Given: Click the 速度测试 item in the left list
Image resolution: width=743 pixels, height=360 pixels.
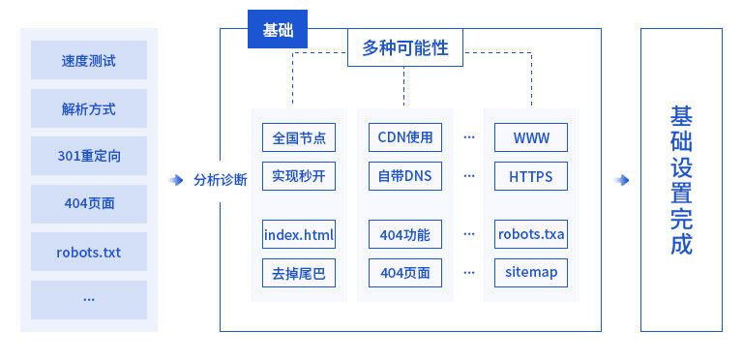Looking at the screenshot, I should click(89, 60).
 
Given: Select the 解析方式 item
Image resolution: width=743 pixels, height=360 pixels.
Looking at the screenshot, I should click(89, 108).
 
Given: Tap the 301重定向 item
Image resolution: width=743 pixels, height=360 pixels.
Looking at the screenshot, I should click(89, 156).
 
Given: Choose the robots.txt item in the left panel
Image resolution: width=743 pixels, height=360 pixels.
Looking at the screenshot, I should click(89, 253).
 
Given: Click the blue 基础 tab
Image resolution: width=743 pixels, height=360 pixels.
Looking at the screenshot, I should click(278, 30).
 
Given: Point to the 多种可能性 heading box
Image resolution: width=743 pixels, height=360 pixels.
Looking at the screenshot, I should click(405, 47).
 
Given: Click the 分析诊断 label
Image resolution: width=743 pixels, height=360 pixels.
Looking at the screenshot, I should click(221, 180).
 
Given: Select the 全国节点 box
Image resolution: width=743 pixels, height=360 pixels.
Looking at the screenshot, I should click(299, 138).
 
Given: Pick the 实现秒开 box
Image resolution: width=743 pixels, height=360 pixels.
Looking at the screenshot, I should click(299, 177).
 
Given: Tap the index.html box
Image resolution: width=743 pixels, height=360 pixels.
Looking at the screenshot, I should click(299, 234).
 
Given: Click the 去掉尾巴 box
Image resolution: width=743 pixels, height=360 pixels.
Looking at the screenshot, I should click(299, 273).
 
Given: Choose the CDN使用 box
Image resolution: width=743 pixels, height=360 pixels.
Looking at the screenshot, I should click(405, 138).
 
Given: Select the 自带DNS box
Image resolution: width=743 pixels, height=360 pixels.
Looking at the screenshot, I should click(405, 177).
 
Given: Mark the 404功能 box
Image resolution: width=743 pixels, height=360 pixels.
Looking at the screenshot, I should click(405, 234).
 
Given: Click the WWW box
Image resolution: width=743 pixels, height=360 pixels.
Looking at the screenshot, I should click(531, 138).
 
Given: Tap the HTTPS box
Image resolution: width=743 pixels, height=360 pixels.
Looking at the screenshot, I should click(531, 177).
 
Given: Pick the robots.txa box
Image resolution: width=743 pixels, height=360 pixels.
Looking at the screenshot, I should click(531, 234).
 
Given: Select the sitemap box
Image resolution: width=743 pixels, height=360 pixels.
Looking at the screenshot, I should click(531, 273).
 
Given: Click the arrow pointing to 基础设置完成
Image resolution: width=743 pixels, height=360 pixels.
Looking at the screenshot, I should click(622, 180).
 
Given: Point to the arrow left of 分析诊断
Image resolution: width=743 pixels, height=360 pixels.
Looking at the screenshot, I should click(176, 180).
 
